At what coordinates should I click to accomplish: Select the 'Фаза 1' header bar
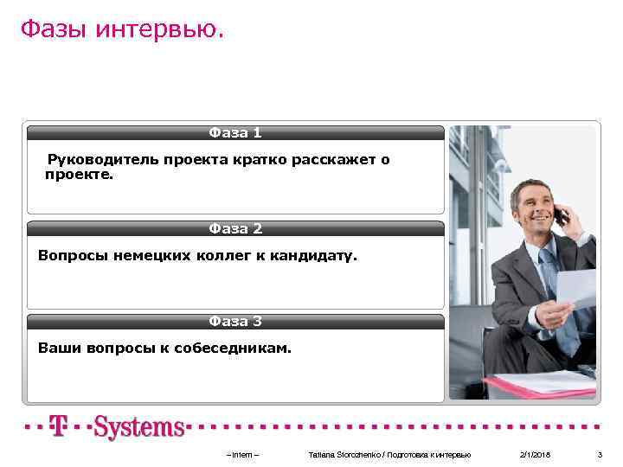click(x=235, y=133)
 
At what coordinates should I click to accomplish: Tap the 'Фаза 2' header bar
click(x=235, y=229)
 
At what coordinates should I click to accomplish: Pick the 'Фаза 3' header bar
click(x=235, y=322)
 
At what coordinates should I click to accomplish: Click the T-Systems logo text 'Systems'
click(x=139, y=427)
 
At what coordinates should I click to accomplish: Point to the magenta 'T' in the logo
click(x=59, y=426)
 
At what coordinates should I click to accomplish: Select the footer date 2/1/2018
click(x=535, y=455)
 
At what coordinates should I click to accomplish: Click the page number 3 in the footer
click(x=600, y=455)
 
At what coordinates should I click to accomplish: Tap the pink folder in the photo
click(x=541, y=386)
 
